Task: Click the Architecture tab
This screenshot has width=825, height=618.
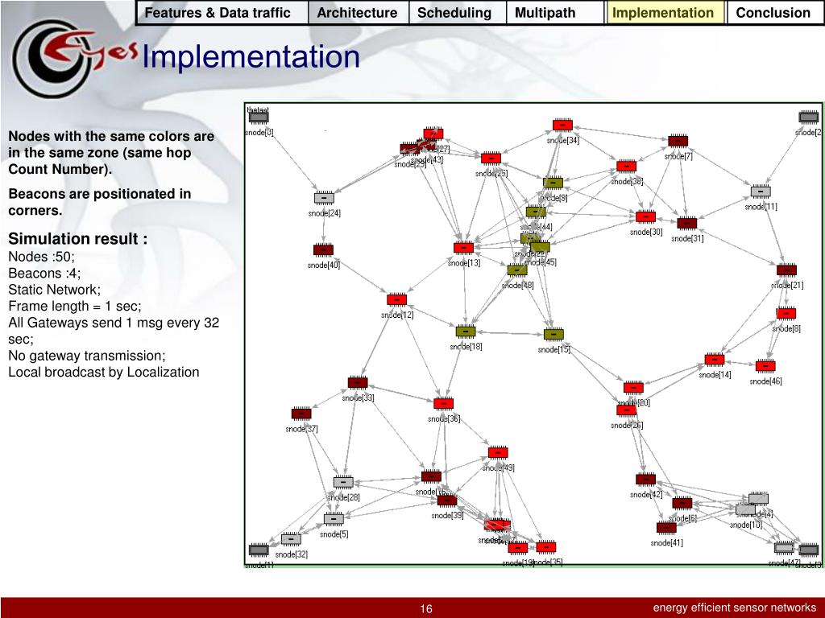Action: click(x=357, y=13)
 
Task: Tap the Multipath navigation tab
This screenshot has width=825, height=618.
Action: click(x=545, y=13)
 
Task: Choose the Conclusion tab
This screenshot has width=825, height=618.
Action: click(x=773, y=13)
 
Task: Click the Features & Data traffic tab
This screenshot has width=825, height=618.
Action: click(x=218, y=13)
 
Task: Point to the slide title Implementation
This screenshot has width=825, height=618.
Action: click(x=251, y=57)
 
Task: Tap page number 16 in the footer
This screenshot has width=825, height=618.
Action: click(x=426, y=609)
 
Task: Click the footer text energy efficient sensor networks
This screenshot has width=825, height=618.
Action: click(x=734, y=608)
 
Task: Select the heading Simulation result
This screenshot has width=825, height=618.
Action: click(x=78, y=239)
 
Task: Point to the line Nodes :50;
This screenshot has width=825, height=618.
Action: click(x=41, y=257)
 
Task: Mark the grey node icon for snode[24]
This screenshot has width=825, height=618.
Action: click(x=324, y=198)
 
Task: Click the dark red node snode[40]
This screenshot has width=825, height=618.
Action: click(x=323, y=250)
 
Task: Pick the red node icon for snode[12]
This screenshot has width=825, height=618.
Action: click(x=396, y=299)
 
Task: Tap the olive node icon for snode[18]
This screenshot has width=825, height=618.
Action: click(x=465, y=332)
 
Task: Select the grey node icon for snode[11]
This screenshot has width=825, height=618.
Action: click(x=761, y=192)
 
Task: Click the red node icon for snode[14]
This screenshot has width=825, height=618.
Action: click(x=714, y=360)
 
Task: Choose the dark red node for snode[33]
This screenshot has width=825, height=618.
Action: click(x=358, y=382)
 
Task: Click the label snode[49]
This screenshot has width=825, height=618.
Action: click(x=499, y=468)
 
